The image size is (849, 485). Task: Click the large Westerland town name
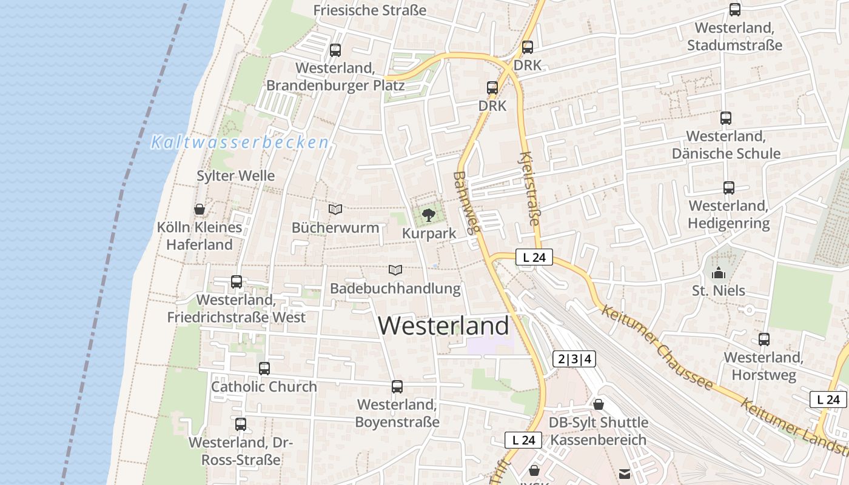[443, 326]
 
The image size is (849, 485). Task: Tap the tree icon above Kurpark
[429, 214]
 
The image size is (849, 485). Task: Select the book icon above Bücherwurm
[335, 209]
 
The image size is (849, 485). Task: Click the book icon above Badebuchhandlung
[395, 270]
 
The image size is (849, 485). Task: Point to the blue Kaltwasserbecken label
[240, 142]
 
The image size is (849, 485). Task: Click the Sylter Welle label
[235, 176]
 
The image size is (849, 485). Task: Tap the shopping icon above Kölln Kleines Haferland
[200, 209]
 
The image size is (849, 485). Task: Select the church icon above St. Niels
[719, 273]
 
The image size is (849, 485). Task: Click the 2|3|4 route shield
[574, 359]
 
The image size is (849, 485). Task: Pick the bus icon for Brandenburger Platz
[335, 50]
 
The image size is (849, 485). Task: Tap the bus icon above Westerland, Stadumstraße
[735, 10]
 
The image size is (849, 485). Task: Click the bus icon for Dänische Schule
[726, 118]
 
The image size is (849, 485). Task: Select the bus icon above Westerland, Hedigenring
[729, 188]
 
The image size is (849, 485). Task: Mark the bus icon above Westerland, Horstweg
[764, 339]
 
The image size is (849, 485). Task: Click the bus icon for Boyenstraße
[397, 387]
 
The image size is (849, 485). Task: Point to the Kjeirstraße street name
[529, 189]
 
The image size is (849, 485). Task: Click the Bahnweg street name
[466, 202]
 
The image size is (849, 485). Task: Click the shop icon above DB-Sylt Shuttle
[599, 404]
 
